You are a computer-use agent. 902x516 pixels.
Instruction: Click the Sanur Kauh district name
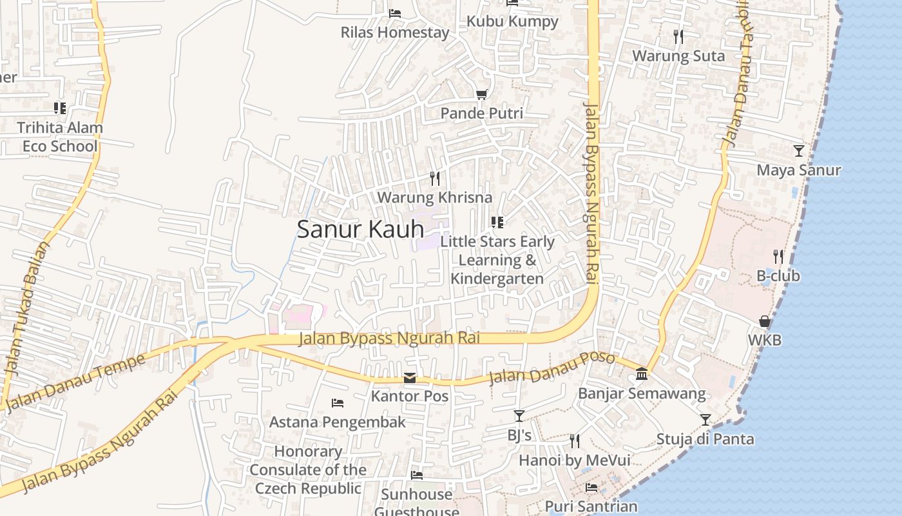360,229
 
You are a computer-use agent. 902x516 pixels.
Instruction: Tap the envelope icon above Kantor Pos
410,378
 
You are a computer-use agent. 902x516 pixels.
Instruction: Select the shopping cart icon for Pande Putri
481,95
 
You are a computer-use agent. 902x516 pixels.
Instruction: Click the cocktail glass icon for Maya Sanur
799,151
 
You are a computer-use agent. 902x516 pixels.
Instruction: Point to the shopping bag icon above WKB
764,321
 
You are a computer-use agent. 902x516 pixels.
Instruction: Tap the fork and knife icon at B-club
778,257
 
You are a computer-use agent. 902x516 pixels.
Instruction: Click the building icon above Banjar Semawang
642,374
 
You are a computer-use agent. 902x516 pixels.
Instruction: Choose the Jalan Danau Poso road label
552,368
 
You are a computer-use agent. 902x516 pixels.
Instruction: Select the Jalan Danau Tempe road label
75,382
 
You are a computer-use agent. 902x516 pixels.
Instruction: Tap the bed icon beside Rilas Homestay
395,13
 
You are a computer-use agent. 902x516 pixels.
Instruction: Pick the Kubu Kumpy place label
512,21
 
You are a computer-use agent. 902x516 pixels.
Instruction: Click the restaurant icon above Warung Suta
678,37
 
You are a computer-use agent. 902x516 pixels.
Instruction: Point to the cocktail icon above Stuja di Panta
705,420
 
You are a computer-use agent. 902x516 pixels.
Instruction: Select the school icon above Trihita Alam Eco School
59,108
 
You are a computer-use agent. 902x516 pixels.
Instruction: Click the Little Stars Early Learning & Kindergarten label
497,260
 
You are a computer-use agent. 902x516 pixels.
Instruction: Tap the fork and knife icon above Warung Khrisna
435,178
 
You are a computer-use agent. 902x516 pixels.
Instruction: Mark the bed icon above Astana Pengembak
338,403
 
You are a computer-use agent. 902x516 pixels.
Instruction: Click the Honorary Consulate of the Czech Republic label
308,470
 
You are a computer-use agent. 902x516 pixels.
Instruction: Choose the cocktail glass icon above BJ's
519,416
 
